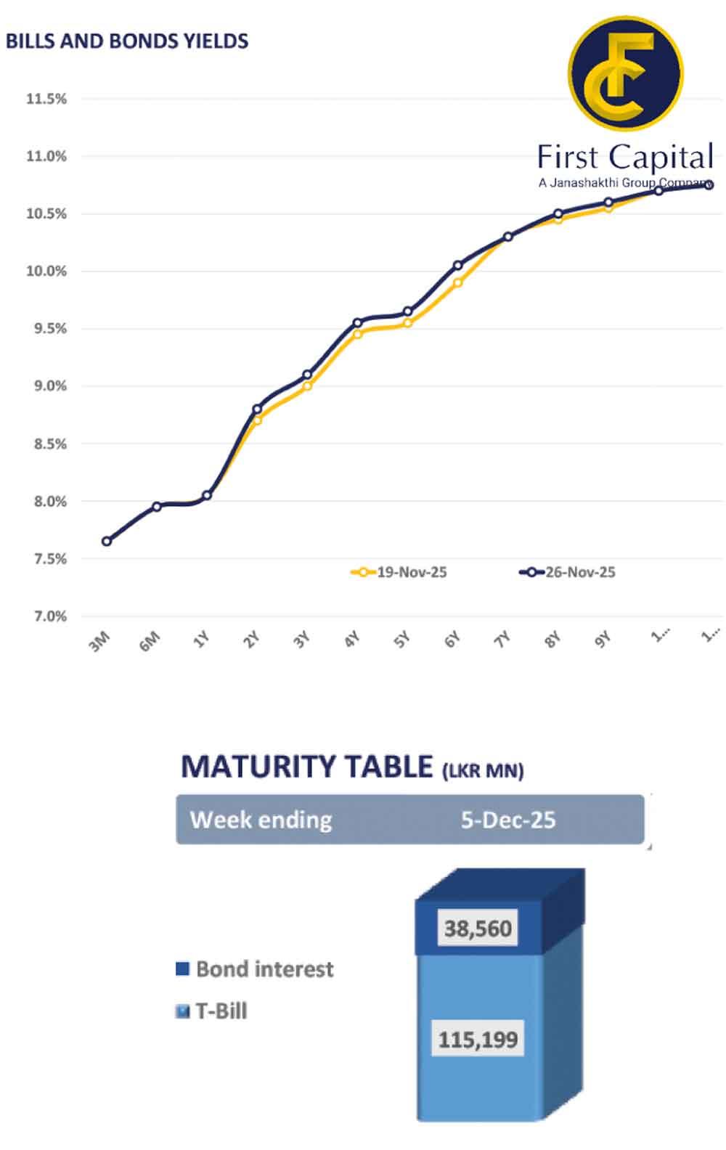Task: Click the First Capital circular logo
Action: click(625, 73)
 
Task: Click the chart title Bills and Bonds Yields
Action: click(127, 41)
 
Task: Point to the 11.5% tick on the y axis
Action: click(46, 99)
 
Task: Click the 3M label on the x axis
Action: click(99, 641)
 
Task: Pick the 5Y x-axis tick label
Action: click(401, 640)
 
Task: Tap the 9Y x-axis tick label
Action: click(603, 640)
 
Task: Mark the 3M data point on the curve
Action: click(107, 541)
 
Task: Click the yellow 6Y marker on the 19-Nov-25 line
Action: click(457, 283)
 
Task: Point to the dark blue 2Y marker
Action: click(257, 409)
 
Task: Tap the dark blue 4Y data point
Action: click(357, 322)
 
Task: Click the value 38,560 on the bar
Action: click(478, 928)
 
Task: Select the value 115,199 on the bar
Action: click(478, 1039)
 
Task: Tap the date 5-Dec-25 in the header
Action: click(508, 820)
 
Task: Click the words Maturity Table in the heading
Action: click(306, 767)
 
